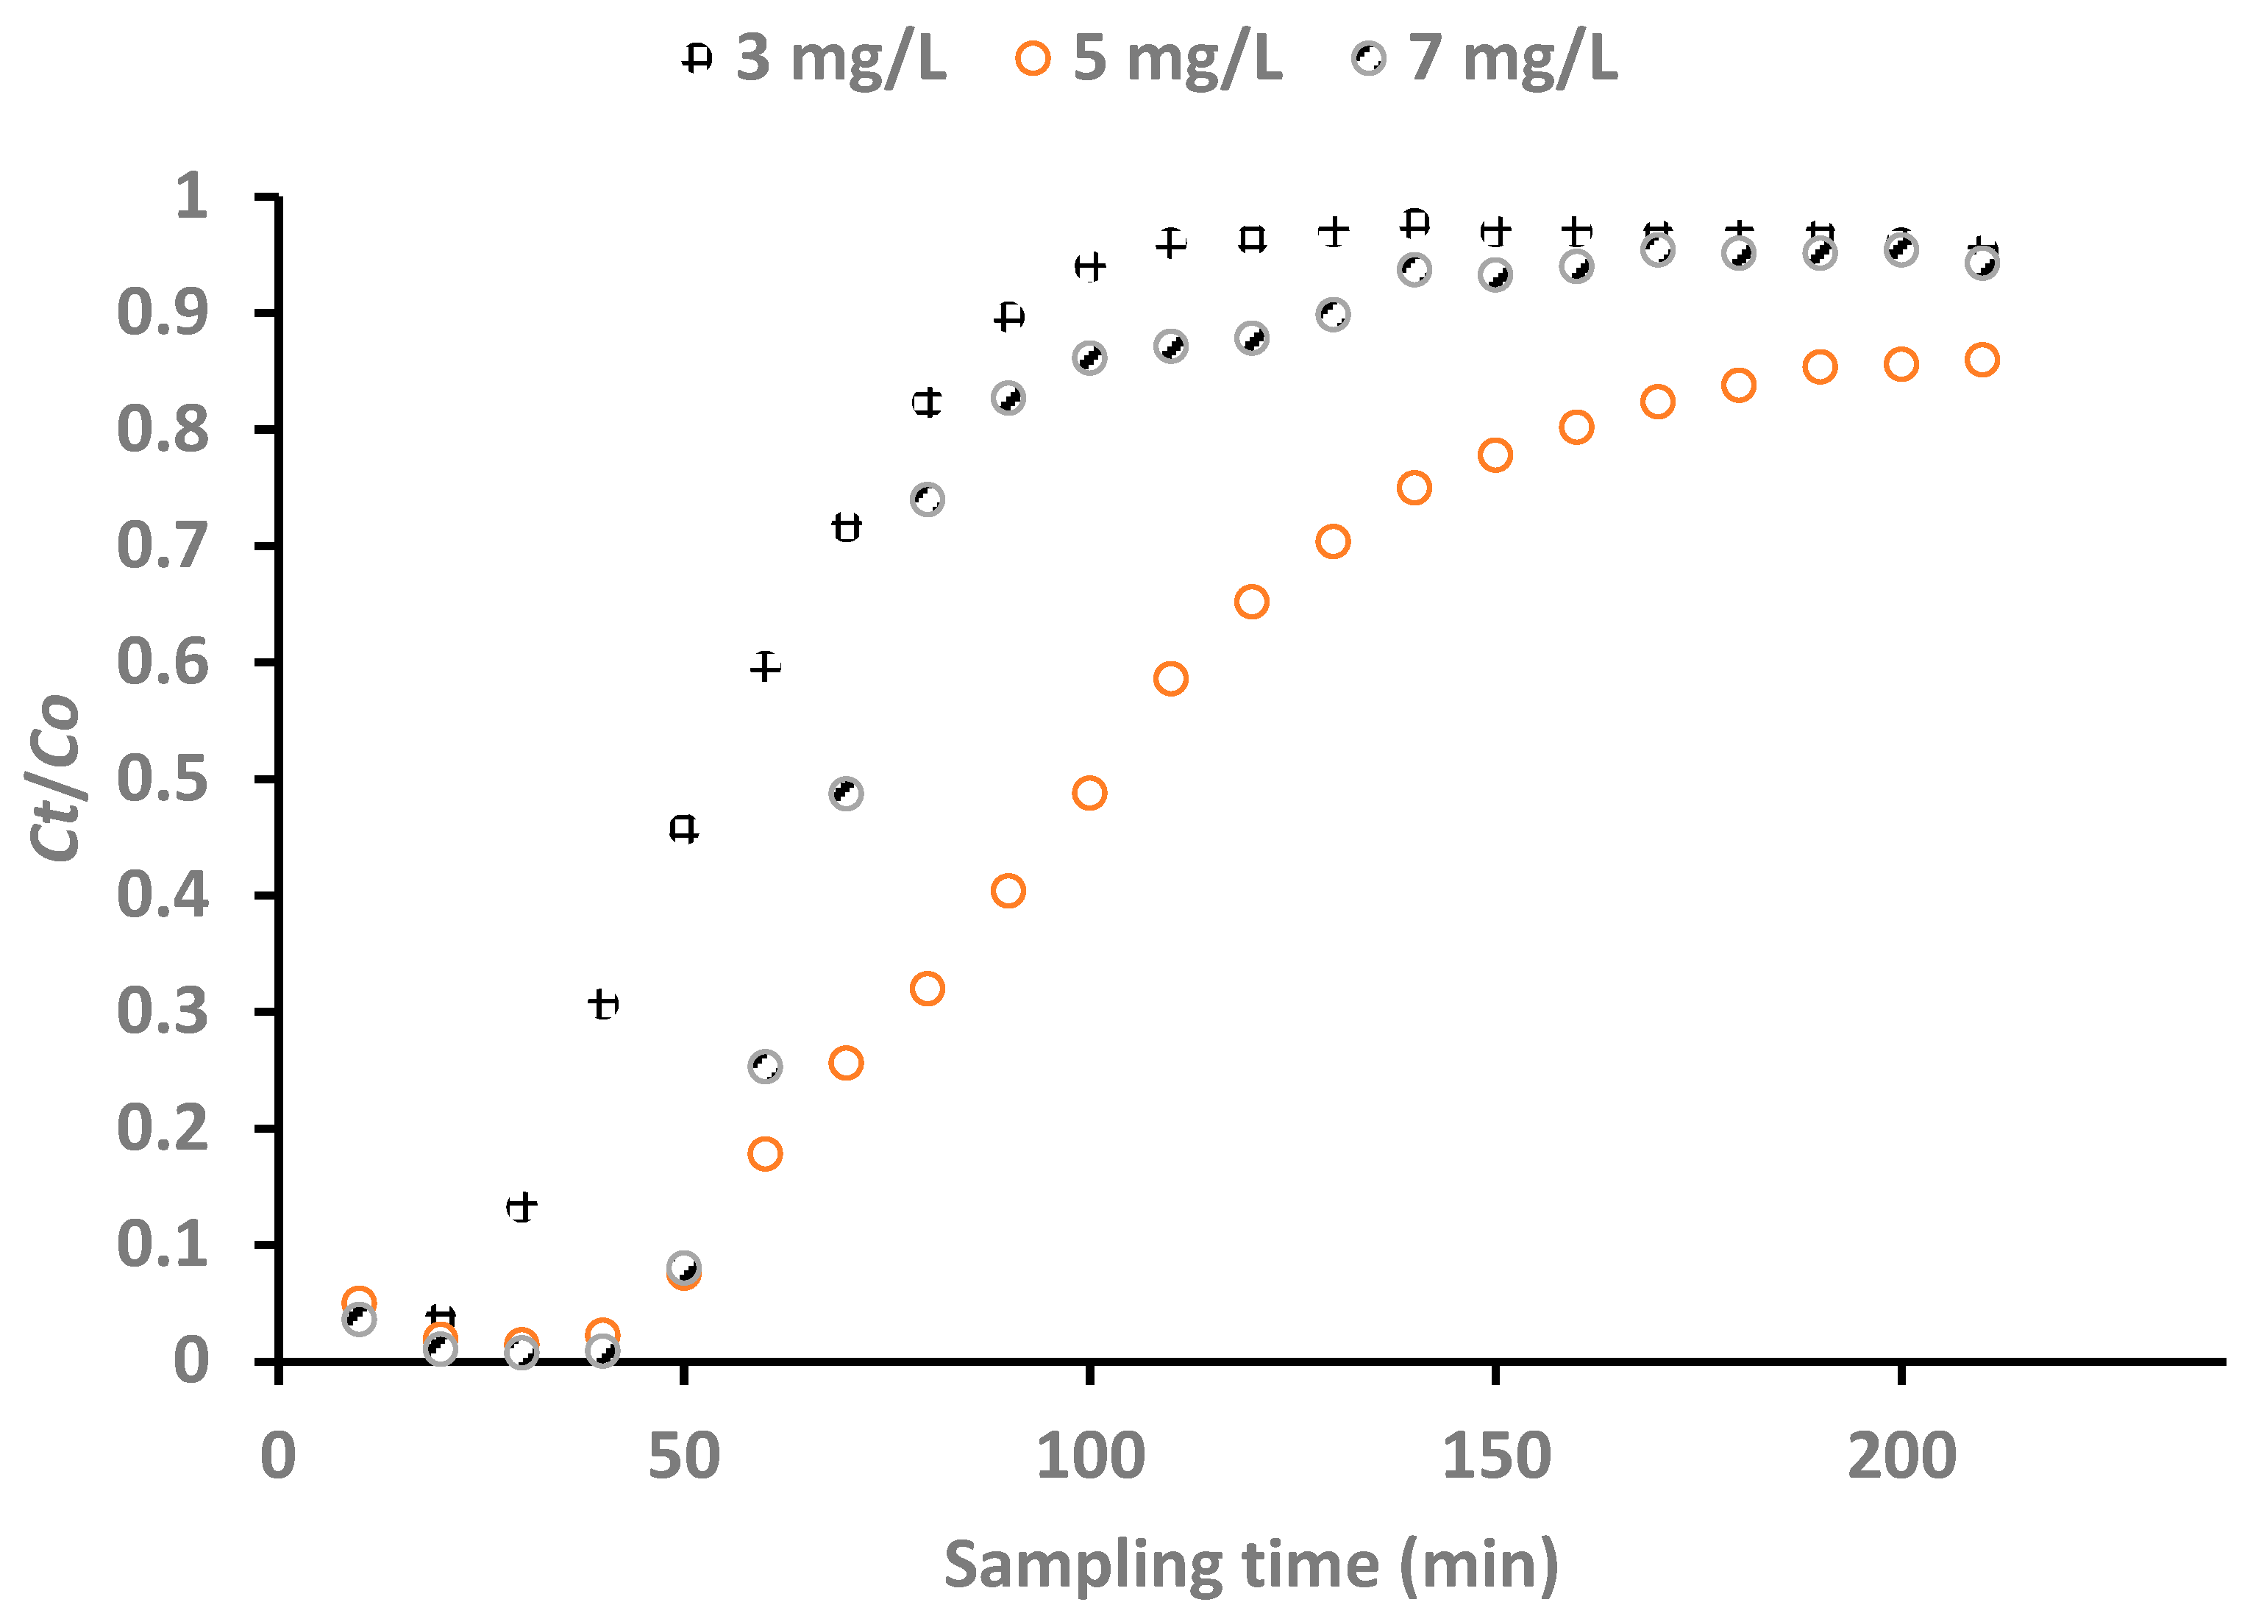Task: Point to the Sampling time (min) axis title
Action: point(1250,1565)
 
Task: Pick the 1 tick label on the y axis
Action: point(191,196)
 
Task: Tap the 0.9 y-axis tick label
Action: point(163,313)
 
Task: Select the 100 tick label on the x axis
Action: point(1090,1456)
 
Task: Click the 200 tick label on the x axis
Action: point(1901,1456)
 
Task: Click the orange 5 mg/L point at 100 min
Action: point(1090,793)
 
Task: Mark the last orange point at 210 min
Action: point(1982,360)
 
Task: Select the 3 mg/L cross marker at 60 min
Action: point(765,666)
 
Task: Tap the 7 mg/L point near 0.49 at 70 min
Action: point(845,794)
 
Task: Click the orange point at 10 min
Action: point(359,1301)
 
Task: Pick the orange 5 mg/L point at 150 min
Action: point(1495,455)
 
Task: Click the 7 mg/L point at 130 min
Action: point(1333,315)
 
